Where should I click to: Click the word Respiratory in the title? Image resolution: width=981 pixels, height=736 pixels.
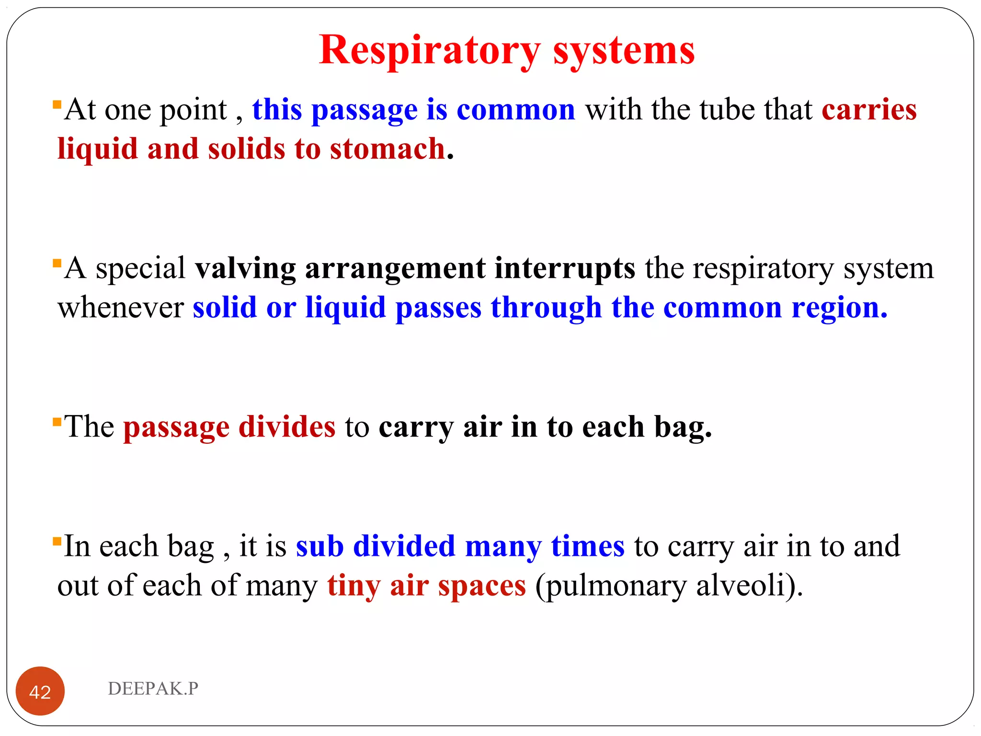(430, 50)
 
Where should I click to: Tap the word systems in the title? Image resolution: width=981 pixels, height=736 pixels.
(624, 50)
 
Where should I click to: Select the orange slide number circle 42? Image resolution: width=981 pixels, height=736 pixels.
(40, 691)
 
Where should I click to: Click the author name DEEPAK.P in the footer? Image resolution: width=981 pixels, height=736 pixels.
(153, 689)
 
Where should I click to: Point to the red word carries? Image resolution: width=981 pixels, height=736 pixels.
(869, 110)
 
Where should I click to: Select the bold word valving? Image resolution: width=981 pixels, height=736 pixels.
(245, 268)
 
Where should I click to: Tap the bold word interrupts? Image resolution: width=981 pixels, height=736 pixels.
(565, 268)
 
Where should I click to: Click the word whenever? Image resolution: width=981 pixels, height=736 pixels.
(121, 308)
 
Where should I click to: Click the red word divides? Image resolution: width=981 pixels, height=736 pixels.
(287, 427)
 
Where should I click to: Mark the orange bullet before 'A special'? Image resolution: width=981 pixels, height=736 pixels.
(57, 263)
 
